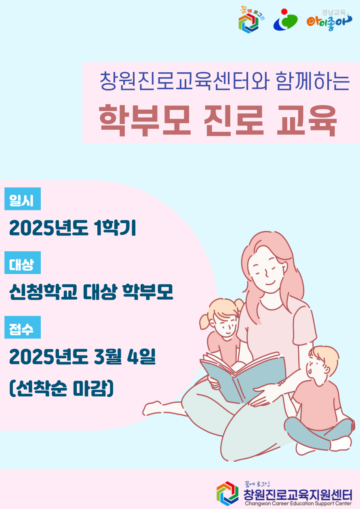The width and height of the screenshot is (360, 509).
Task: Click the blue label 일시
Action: point(23,199)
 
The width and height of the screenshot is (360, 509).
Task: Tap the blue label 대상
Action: point(23,263)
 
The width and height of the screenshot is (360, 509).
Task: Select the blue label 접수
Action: point(23,327)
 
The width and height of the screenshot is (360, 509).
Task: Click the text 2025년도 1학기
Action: point(72,227)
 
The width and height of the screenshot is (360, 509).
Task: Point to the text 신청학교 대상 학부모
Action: point(91,292)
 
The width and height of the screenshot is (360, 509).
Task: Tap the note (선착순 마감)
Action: point(61,388)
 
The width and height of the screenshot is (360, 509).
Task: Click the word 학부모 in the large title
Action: point(145,120)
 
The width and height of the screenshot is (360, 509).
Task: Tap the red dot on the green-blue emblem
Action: point(284,12)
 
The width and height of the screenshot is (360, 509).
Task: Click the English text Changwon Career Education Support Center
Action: point(298,503)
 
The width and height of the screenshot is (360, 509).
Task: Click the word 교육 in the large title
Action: point(307,120)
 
